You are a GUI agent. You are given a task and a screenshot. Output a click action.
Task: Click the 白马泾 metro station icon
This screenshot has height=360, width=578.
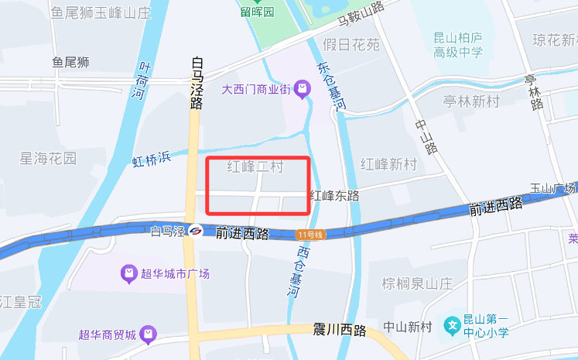tap(197, 231)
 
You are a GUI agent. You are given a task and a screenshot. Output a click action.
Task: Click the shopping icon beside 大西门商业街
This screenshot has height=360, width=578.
tap(302, 91)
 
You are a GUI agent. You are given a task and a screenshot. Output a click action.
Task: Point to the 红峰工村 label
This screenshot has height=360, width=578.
tap(256, 166)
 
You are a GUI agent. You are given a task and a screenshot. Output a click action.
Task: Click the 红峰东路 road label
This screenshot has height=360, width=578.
tap(334, 196)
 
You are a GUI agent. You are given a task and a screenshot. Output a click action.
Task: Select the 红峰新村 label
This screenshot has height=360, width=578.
tap(388, 164)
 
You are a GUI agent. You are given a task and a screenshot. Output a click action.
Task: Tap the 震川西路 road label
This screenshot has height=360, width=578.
tap(340, 331)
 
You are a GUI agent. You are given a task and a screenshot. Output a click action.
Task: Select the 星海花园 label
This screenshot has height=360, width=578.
tap(48, 159)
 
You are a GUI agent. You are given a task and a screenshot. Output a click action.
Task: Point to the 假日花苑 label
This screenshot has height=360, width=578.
tap(351, 45)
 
